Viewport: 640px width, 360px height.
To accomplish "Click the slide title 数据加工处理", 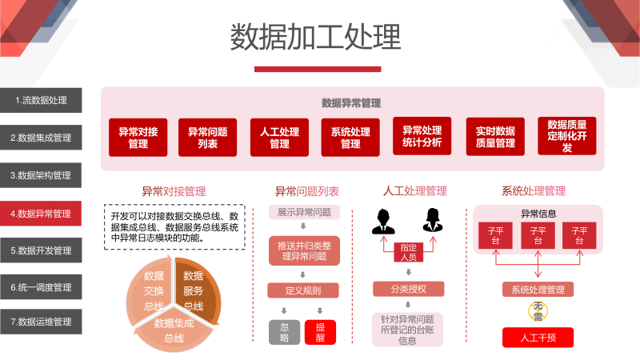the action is (x=315, y=37).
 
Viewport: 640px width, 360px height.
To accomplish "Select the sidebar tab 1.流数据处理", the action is (x=41, y=100).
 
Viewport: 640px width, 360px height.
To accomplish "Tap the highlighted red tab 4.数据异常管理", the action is (x=41, y=214).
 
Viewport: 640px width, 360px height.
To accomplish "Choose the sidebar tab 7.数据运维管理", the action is (x=41, y=322).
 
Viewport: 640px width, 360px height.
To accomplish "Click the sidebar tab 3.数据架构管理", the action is (x=41, y=175).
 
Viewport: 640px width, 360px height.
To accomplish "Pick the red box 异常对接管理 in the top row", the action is (x=138, y=138).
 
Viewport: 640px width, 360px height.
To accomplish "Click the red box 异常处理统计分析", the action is (x=422, y=136).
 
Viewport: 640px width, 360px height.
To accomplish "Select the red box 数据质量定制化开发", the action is (x=567, y=136).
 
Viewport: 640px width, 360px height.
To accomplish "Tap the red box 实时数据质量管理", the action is (x=495, y=137).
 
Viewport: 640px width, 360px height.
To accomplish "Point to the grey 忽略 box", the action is (x=285, y=332).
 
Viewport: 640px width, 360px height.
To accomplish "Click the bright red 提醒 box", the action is (x=321, y=332).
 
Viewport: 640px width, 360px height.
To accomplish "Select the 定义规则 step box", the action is (x=303, y=290).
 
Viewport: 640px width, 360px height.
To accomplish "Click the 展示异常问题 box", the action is (x=304, y=212).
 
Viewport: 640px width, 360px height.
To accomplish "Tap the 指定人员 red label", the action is (x=409, y=252).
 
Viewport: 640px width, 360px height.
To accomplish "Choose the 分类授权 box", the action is (x=409, y=289).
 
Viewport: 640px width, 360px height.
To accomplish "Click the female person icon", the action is (x=433, y=221).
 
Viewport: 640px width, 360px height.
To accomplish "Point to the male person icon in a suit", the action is (x=383, y=222).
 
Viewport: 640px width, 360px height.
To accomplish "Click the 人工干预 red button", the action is (x=538, y=338).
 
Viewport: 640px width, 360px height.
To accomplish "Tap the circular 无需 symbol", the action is (x=538, y=311).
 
